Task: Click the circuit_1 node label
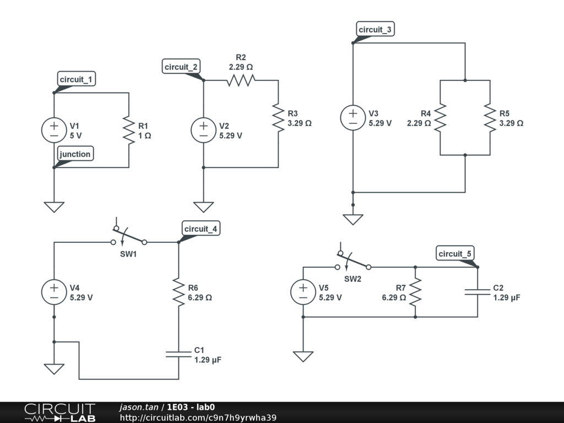(76, 80)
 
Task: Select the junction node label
(75, 154)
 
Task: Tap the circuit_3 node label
(376, 30)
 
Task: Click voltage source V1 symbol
(54, 130)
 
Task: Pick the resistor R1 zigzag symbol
(128, 130)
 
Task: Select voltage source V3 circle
(353, 118)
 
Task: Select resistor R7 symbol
(415, 292)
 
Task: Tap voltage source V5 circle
(303, 292)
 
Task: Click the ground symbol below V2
(204, 207)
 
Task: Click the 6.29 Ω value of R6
(200, 297)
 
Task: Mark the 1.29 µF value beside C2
(507, 297)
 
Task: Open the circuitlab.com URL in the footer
(198, 417)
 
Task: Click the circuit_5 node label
(455, 254)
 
